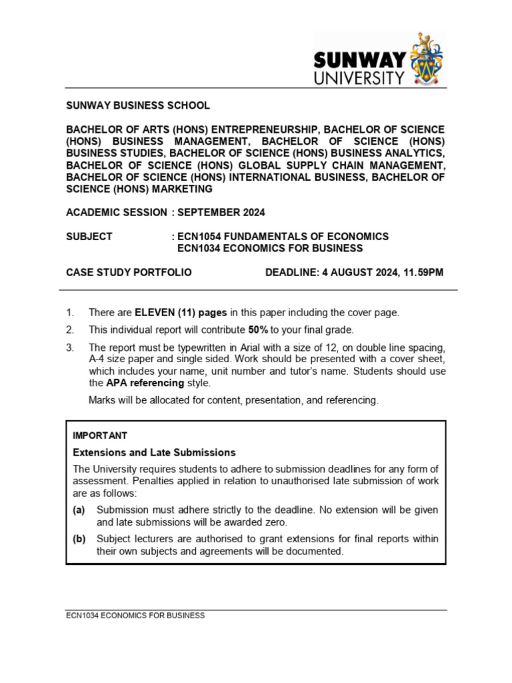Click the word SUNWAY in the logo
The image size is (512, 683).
[x=359, y=61]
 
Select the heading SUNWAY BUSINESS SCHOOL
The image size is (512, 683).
[x=138, y=105]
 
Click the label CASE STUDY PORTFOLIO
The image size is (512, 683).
[x=129, y=272]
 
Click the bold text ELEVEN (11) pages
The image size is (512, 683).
[x=181, y=313]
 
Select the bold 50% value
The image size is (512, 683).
[x=258, y=329]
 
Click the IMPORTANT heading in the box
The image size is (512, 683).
[x=100, y=436]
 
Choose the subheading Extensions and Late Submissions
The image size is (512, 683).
[x=154, y=452]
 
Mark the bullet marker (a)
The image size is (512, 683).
[x=79, y=510]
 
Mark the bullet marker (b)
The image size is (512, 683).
[x=79, y=539]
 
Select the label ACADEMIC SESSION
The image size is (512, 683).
[x=117, y=212]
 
